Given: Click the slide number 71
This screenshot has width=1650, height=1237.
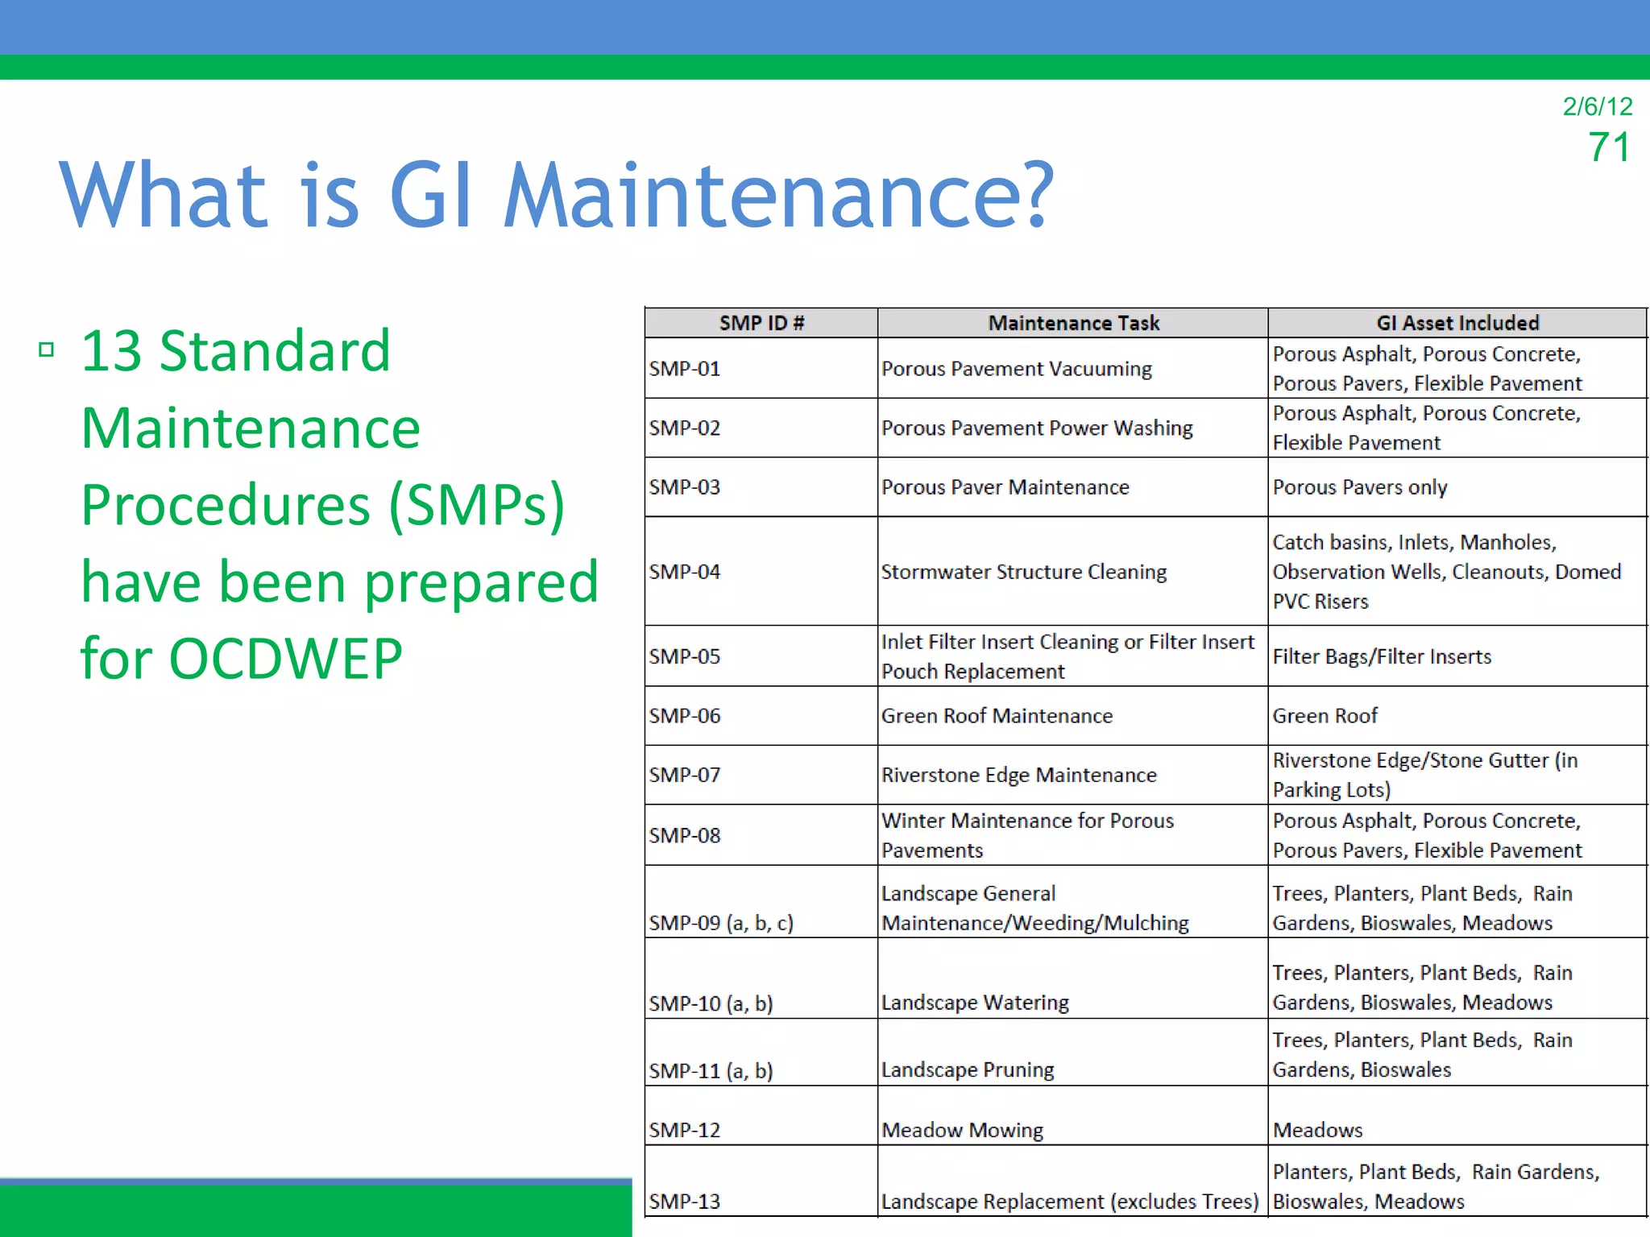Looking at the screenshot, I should coord(1609,147).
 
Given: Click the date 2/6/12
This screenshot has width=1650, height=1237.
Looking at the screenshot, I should coord(1597,106).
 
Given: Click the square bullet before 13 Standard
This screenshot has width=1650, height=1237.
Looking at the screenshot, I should coord(47,350).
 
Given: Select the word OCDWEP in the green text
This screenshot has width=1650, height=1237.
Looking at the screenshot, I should coord(286,659).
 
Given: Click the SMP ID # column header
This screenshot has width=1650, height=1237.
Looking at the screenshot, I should coord(761,323).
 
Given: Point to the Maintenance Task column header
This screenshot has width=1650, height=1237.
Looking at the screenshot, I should coord(1073,323).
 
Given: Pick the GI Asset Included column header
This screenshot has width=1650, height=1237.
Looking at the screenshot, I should coord(1457,323).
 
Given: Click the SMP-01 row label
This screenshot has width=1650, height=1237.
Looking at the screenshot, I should coord(685,369).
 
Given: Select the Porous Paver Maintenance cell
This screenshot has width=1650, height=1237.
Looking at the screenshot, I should coord(1005,487).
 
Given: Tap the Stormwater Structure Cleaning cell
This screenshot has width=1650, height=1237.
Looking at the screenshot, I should coord(1023,572).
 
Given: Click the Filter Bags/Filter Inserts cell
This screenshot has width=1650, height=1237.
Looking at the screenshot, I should coord(1382,656).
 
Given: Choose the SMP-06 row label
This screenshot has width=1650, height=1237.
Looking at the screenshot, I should coord(685,716).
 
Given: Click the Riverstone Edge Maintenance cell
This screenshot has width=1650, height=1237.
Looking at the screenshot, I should coord(1018,775).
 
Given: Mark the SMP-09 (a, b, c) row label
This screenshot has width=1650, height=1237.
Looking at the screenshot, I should coord(721,923).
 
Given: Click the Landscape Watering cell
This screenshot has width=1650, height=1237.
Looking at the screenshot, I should coord(975,1003).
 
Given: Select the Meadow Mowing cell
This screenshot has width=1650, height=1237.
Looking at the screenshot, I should coord(962,1130).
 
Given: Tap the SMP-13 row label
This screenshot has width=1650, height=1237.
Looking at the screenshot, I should coord(685,1202).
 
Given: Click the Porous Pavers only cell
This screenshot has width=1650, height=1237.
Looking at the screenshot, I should coord(1360,487).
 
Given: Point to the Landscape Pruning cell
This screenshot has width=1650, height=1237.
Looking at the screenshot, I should coord(968,1070).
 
